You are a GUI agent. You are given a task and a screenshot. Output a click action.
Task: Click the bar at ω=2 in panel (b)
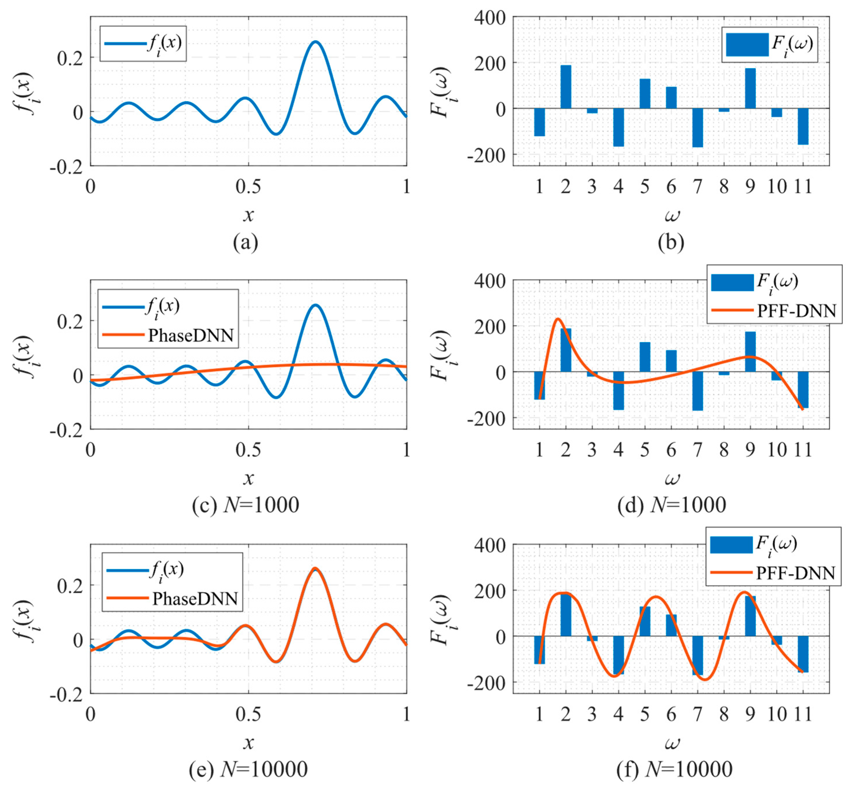coord(565,87)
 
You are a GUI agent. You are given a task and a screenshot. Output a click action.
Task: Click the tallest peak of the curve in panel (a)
coord(315,42)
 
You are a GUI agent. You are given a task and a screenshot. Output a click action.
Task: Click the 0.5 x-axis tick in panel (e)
coord(248,714)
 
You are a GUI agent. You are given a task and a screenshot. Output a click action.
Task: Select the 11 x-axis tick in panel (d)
coord(803,450)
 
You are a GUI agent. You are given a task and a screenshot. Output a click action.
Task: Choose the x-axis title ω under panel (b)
coord(672,215)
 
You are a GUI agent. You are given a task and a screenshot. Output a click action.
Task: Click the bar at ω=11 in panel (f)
coord(803,653)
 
